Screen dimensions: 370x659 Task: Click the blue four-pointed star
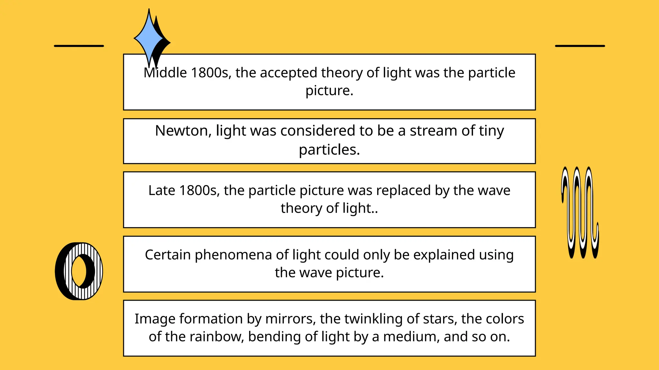[x=149, y=38]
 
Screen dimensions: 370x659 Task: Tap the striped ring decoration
[x=79, y=271]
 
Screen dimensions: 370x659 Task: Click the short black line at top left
[x=79, y=46]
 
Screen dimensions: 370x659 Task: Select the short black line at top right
[x=580, y=46]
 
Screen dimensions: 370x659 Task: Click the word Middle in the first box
[x=165, y=73]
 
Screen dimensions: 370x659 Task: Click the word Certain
[x=168, y=255]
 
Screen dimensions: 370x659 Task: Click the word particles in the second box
[x=329, y=150]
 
